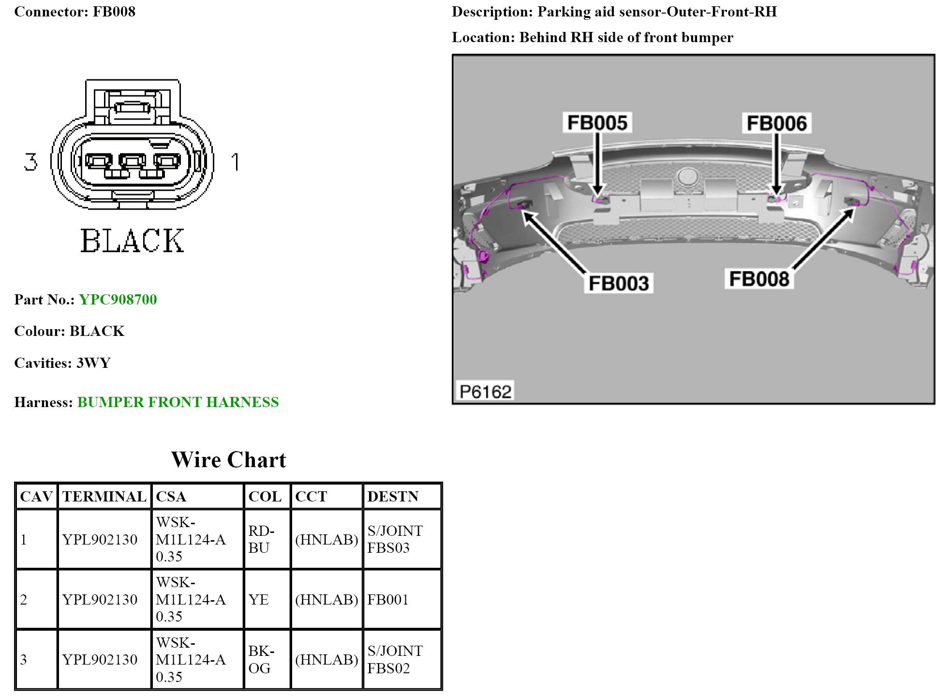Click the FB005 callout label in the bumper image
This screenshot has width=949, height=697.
pyautogui.click(x=597, y=123)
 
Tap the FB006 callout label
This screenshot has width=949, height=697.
pyautogui.click(x=776, y=123)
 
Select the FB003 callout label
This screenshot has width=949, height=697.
pyautogui.click(x=619, y=283)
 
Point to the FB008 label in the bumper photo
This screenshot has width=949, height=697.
pyautogui.click(x=759, y=279)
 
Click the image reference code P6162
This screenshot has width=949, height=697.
pyautogui.click(x=485, y=391)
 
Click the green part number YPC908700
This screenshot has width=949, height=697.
pyautogui.click(x=118, y=300)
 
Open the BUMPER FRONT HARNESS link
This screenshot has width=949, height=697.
pyautogui.click(x=178, y=402)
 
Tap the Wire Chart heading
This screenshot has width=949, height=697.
pyautogui.click(x=228, y=460)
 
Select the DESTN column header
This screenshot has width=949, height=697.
pyautogui.click(x=393, y=497)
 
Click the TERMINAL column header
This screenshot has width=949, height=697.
pyautogui.click(x=104, y=497)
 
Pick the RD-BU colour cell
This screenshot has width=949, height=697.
pyautogui.click(x=261, y=539)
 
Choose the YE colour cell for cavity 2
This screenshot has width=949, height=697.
pyautogui.click(x=259, y=600)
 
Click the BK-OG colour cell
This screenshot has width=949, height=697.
pyautogui.click(x=261, y=660)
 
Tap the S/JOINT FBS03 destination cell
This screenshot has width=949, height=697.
pyautogui.click(x=395, y=539)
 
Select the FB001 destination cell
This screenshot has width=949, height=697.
pyautogui.click(x=388, y=600)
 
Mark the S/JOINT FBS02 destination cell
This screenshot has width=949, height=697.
pyautogui.click(x=395, y=660)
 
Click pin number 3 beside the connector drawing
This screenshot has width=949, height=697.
pyautogui.click(x=30, y=162)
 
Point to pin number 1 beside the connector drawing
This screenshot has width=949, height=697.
pyautogui.click(x=236, y=162)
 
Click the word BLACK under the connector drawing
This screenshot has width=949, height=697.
pyautogui.click(x=132, y=241)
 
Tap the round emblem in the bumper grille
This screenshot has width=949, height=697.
pyautogui.click(x=687, y=176)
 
